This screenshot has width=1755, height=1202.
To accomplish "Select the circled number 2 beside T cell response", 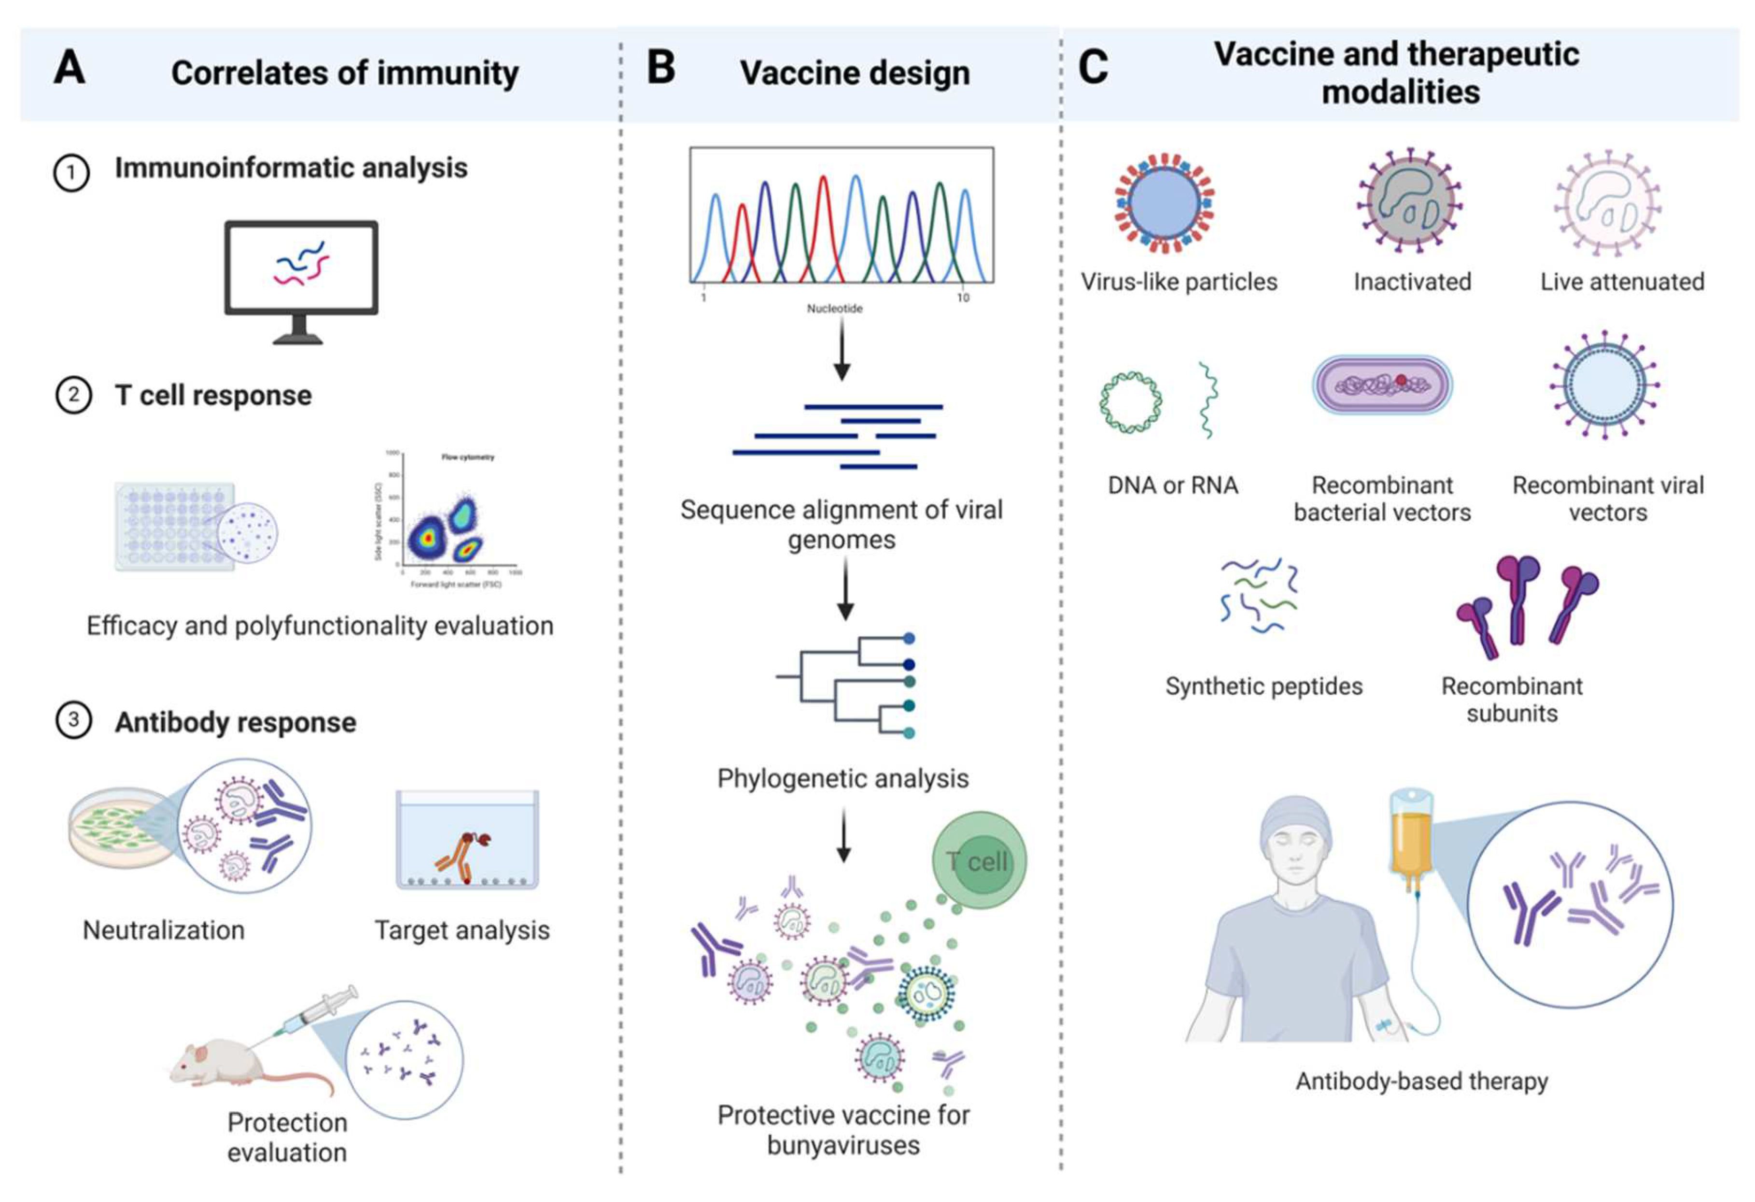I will (73, 395).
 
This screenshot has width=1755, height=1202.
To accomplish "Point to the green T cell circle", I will (980, 860).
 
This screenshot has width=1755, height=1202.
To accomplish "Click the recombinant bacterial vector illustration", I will (1382, 386).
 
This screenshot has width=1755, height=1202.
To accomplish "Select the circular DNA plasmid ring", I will (1130, 402).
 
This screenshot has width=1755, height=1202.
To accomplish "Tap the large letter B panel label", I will (661, 68).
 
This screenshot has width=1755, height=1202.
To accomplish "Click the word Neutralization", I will (164, 930).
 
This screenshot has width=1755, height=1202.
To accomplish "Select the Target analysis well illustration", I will (467, 840).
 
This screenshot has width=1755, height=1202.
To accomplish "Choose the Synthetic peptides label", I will (1264, 686).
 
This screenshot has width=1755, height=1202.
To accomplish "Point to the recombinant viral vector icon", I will (1605, 386).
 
